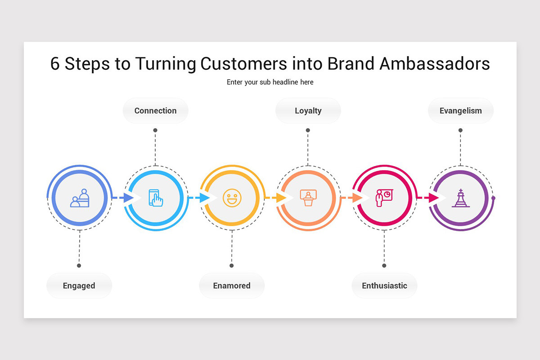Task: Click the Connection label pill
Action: pyautogui.click(x=156, y=111)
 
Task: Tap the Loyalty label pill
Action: pyautogui.click(x=308, y=111)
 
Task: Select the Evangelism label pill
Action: pyautogui.click(x=461, y=111)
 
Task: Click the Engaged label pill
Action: pyautogui.click(x=79, y=285)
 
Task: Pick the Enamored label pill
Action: pyautogui.click(x=232, y=285)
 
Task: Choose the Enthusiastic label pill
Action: pyautogui.click(x=384, y=285)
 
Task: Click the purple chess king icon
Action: pyautogui.click(x=461, y=198)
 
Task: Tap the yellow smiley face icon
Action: pyautogui.click(x=232, y=198)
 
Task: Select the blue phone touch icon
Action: pyautogui.click(x=156, y=198)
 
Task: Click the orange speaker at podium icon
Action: pyautogui.click(x=308, y=198)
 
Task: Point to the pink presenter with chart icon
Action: pyautogui.click(x=384, y=198)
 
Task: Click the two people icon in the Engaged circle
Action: pyautogui.click(x=80, y=198)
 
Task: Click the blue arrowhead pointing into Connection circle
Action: pyautogui.click(x=128, y=198)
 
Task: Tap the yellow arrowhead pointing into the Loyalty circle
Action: pyautogui.click(x=281, y=198)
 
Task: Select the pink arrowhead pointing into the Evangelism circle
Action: pyautogui.click(x=434, y=198)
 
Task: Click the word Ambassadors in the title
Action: pyautogui.click(x=435, y=63)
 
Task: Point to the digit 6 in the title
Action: pyautogui.click(x=55, y=63)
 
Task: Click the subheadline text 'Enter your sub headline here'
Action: pyautogui.click(x=270, y=82)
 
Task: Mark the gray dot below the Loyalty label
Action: pyautogui.click(x=308, y=130)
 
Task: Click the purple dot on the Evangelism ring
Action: pyautogui.click(x=493, y=198)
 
